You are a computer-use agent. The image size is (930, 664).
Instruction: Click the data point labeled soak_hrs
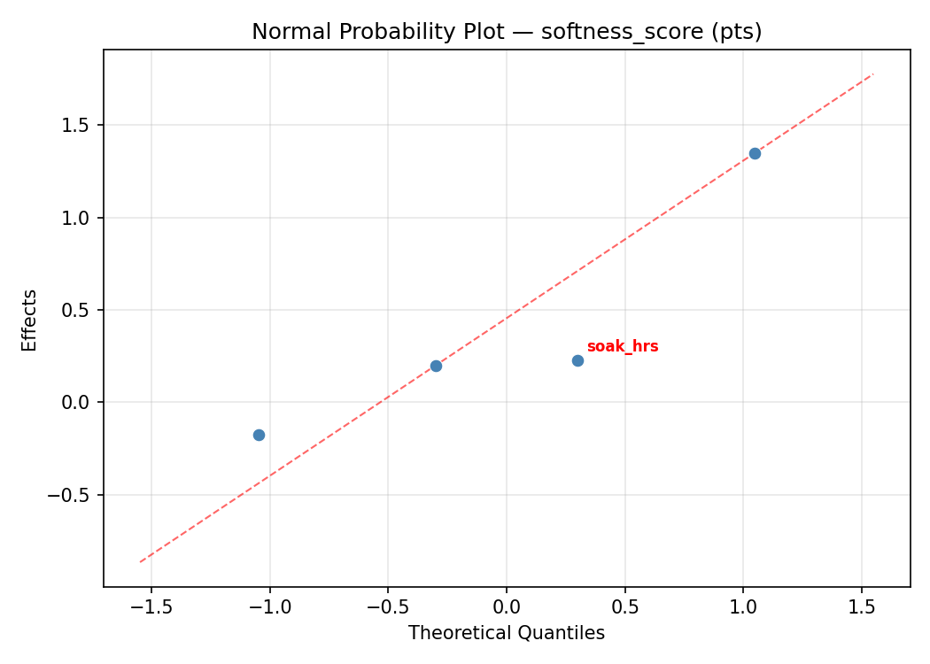pyautogui.click(x=577, y=360)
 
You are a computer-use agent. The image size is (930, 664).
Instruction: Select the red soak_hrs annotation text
pyautogui.click(x=623, y=346)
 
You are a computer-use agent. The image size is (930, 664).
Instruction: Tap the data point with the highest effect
pyautogui.click(x=755, y=153)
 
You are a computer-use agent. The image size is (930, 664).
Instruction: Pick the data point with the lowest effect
pyautogui.click(x=259, y=435)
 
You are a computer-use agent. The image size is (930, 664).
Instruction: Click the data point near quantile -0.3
pyautogui.click(x=436, y=366)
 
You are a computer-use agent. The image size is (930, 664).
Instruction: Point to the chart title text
pyautogui.click(x=507, y=32)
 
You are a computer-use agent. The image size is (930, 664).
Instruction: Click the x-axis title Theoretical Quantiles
pyautogui.click(x=507, y=633)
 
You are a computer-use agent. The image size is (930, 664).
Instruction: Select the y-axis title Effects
pyautogui.click(x=30, y=320)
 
